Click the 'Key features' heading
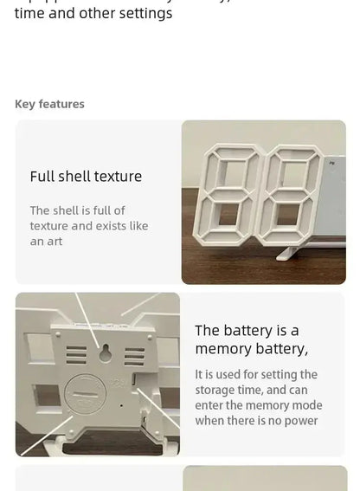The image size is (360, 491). click(x=49, y=104)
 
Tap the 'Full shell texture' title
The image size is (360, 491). click(x=86, y=176)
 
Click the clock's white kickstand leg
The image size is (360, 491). click(x=292, y=253)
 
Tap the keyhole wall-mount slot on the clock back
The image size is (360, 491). click(x=105, y=352)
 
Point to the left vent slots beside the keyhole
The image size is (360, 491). click(x=76, y=356)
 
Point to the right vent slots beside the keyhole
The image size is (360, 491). click(x=134, y=356)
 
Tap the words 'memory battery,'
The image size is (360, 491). click(x=251, y=348)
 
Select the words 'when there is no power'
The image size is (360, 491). click(x=256, y=421)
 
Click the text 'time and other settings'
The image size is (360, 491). click(x=93, y=14)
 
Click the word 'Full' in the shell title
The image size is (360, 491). click(x=42, y=176)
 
